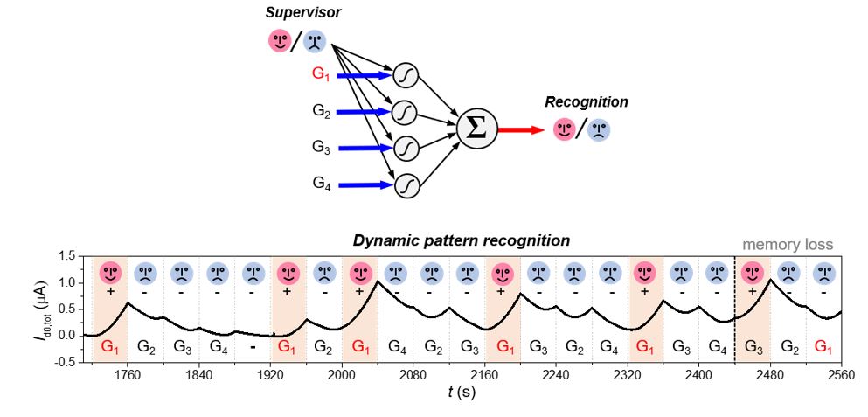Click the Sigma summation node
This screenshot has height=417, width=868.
pos(478,128)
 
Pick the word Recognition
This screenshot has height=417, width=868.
pos(586,102)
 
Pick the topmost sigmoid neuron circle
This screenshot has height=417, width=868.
pos(405,74)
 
